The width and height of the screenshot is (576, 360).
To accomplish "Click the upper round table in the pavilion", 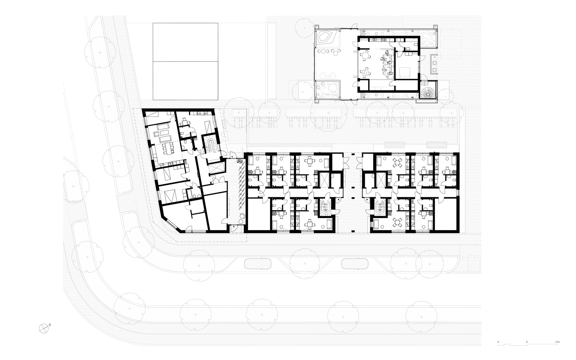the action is [366, 55].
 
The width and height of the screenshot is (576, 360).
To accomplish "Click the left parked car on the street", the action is [258, 264].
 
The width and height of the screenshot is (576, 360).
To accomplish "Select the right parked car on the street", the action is [355, 264].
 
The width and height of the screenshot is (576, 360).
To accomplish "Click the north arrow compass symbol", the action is [44, 328].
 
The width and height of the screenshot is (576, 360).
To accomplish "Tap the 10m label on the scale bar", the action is [557, 342].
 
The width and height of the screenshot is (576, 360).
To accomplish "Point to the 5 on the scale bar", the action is [527, 342].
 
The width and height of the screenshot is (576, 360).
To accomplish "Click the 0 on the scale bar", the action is [498, 342].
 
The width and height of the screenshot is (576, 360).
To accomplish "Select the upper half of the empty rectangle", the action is [185, 43].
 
